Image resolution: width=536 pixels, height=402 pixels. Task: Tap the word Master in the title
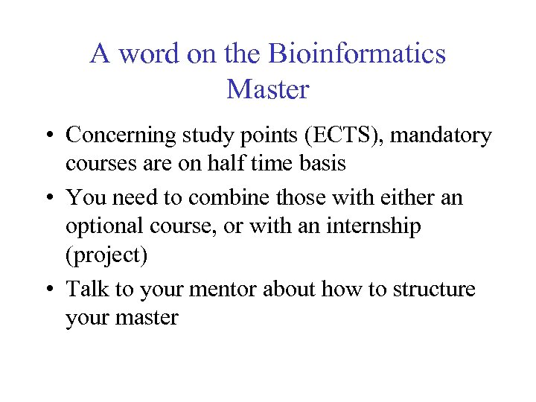[x=267, y=89]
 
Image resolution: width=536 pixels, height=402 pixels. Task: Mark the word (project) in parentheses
[x=106, y=255]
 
